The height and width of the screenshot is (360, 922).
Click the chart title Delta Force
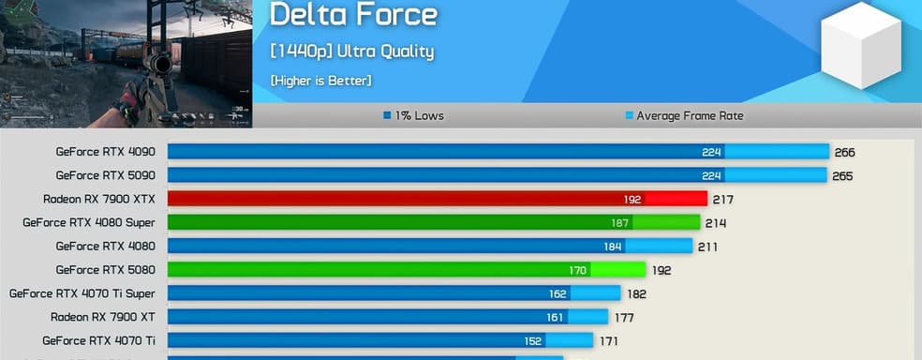(353, 14)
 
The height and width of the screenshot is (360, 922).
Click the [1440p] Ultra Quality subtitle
(351, 52)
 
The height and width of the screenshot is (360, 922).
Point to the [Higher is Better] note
(320, 81)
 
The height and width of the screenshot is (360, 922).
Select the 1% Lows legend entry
(413, 116)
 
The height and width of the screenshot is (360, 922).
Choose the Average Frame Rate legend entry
(684, 116)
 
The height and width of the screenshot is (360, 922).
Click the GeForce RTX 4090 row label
(105, 151)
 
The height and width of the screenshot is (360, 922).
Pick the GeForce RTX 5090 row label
(105, 174)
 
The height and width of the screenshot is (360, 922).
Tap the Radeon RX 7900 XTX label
(98, 199)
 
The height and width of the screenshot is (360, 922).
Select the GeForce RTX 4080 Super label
(89, 222)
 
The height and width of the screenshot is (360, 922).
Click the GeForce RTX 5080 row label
(105, 269)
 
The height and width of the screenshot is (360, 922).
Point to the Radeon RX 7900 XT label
(102, 316)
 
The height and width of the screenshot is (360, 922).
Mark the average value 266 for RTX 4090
(844, 152)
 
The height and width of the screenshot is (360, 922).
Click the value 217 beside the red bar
(722, 200)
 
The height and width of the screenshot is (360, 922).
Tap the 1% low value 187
(620, 223)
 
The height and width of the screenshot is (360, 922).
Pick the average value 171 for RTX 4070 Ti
(608, 341)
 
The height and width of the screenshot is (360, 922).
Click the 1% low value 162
(558, 293)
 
